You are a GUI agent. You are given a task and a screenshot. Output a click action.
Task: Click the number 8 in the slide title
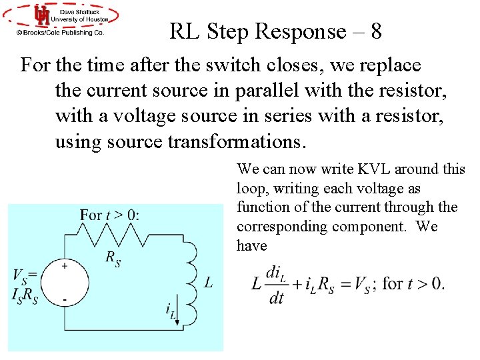coord(374,31)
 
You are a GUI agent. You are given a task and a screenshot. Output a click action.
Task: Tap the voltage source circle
coord(65,283)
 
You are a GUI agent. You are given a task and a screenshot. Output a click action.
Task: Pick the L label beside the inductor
coord(209,283)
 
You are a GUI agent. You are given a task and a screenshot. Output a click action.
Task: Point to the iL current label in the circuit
coord(171,310)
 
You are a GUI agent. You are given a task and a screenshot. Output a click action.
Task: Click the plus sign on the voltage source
coord(65,265)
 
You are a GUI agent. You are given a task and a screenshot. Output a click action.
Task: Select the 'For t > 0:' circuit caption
coord(109,215)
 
